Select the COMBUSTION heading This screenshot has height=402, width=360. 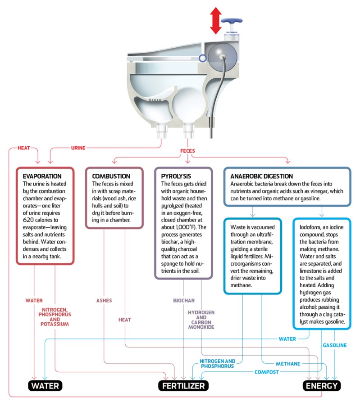111,176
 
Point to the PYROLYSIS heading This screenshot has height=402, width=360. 173,176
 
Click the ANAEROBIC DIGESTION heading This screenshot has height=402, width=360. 261,176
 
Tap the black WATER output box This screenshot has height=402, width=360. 45,386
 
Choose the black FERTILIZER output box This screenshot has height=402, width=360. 183,386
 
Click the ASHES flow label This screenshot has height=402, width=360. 104,300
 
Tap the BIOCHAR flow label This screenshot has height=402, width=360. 183,300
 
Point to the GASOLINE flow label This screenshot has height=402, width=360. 335,345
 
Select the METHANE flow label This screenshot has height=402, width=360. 287,363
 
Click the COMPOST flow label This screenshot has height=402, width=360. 267,372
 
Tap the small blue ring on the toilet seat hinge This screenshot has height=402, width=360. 202,58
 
